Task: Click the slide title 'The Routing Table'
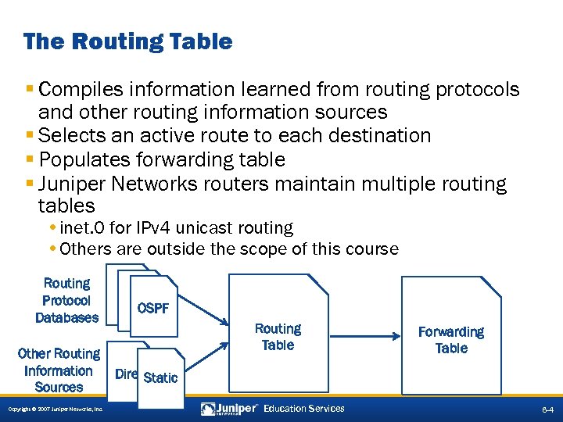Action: (x=127, y=41)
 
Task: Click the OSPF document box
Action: (x=154, y=307)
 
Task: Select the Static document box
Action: (x=161, y=377)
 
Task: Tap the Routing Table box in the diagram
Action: (x=278, y=336)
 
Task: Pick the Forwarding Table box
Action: (x=451, y=339)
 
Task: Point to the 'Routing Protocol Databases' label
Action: (x=66, y=300)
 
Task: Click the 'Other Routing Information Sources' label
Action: (x=59, y=370)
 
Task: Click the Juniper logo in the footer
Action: (x=231, y=409)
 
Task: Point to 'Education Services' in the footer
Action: (x=304, y=409)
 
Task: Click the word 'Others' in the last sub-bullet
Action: (x=84, y=249)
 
